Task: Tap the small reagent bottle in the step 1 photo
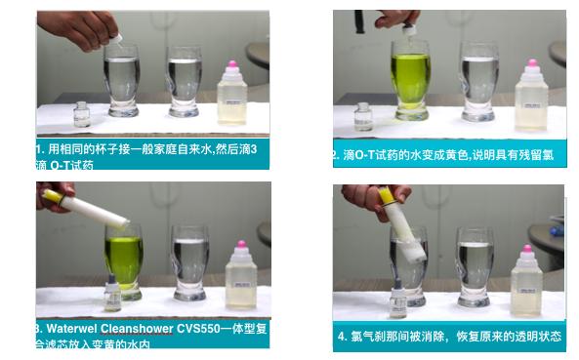tap(83, 115)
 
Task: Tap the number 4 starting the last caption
tap(343, 337)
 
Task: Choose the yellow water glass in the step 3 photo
tap(124, 259)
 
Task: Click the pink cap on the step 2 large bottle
tap(531, 67)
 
